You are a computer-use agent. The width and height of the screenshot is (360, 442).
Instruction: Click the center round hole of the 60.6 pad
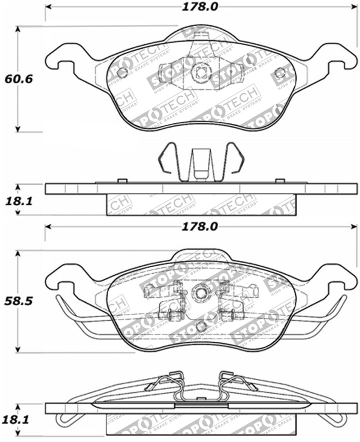(x=200, y=72)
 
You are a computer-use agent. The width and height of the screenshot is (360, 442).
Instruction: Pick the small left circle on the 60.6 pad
(x=121, y=72)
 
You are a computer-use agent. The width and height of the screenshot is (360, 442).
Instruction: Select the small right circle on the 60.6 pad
(x=280, y=73)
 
